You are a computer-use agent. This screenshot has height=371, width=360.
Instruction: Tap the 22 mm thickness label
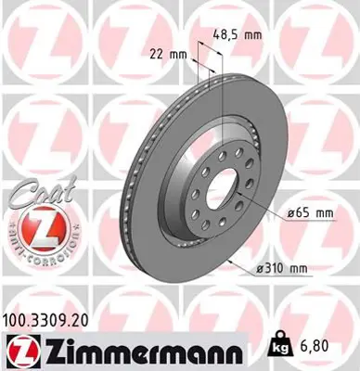[167, 54]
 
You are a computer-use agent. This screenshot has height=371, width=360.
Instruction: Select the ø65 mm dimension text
[310, 212]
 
